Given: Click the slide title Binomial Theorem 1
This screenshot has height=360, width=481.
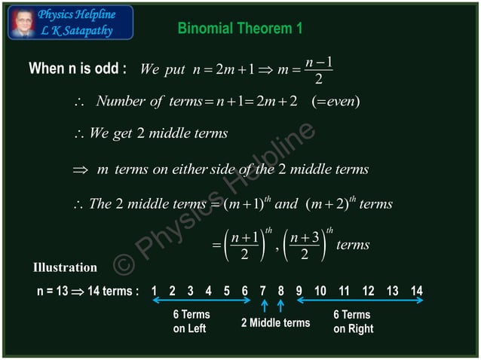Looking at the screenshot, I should pyautogui.click(x=240, y=29).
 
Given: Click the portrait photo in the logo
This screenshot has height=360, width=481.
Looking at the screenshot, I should pyautogui.click(x=22, y=23).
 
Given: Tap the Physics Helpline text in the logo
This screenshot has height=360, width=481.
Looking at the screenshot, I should pyautogui.click(x=77, y=15).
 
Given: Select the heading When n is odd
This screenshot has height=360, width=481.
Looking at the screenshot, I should pyautogui.click(x=77, y=69).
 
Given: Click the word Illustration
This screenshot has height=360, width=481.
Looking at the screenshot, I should pyautogui.click(x=65, y=267).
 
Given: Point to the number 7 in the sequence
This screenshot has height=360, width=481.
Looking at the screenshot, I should pyautogui.click(x=262, y=291).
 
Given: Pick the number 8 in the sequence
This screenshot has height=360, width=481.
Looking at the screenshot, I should pyautogui.click(x=280, y=291).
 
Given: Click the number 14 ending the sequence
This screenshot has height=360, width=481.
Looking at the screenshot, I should pyautogui.click(x=416, y=291).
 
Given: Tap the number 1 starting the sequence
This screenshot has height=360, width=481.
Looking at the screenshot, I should pyautogui.click(x=154, y=291).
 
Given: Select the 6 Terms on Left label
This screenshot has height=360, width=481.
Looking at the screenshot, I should pyautogui.click(x=191, y=322).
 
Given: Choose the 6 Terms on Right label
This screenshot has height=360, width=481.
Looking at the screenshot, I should pyautogui.click(x=353, y=322).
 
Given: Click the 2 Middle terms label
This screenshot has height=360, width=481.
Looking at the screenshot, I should pyautogui.click(x=275, y=323).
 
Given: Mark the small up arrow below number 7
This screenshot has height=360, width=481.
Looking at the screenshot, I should pyautogui.click(x=264, y=306).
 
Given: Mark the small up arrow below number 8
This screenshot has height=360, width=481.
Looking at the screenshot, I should pyautogui.click(x=280, y=306).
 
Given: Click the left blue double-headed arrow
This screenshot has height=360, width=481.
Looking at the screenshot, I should pyautogui.click(x=202, y=301).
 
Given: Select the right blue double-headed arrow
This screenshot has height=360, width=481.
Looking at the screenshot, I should pyautogui.click(x=360, y=301).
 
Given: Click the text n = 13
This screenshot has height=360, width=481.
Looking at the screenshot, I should pyautogui.click(x=53, y=291).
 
